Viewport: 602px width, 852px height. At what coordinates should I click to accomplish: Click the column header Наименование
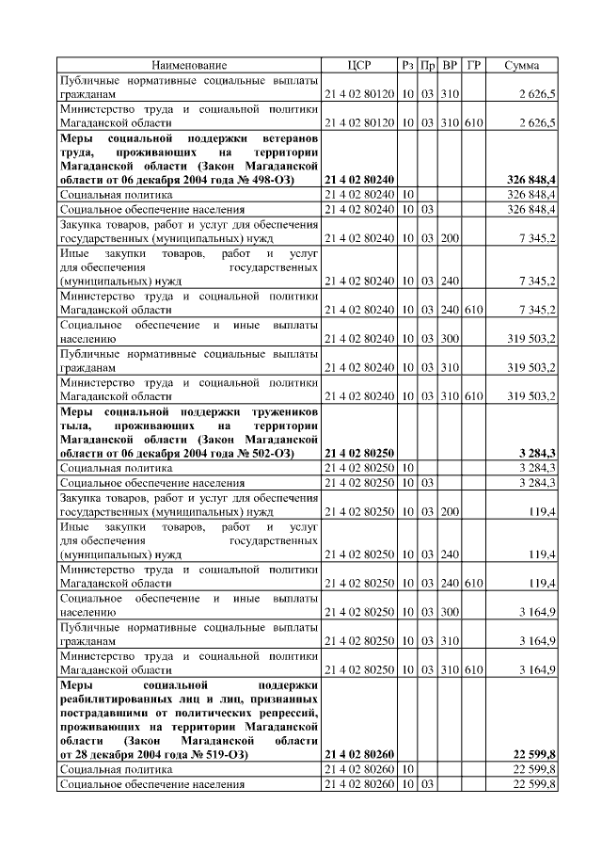tap(189, 66)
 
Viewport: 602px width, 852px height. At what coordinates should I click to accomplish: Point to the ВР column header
tap(450, 66)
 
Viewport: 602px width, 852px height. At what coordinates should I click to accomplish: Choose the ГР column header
tap(473, 66)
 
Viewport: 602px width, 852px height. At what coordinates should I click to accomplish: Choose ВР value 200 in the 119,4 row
tap(450, 513)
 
